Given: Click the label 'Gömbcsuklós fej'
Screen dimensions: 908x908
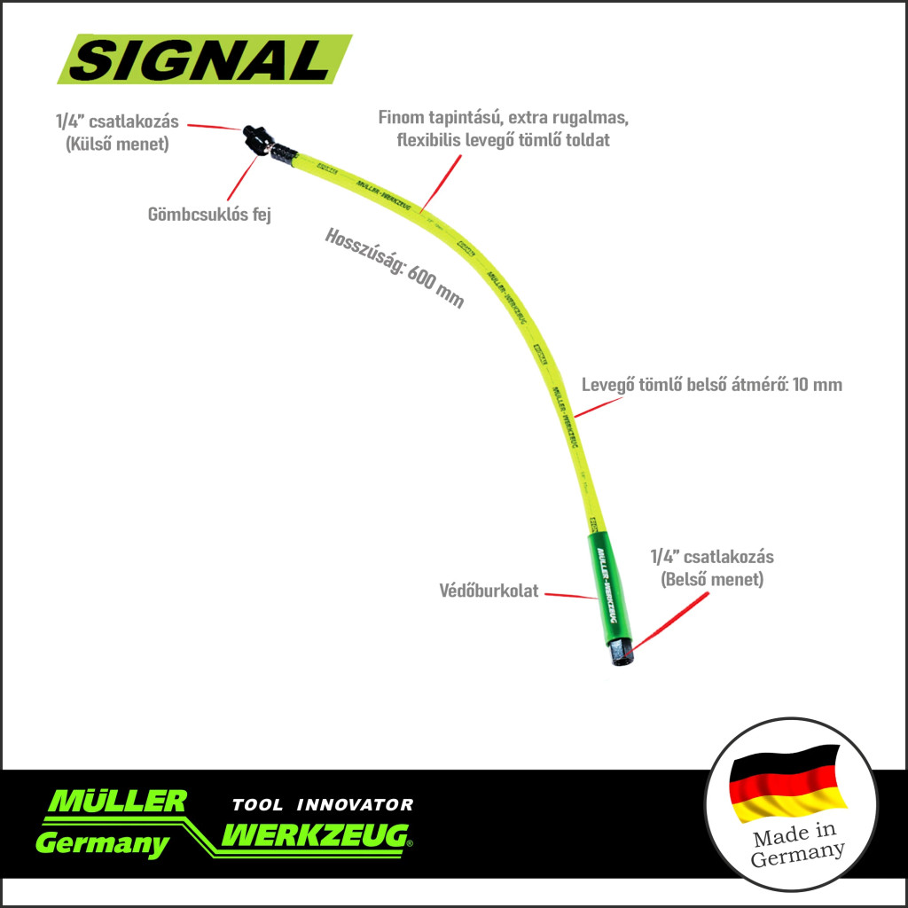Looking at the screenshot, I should tap(209, 214).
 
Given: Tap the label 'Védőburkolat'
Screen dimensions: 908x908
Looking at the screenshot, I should tap(489, 591).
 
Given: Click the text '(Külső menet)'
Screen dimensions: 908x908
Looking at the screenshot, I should tap(117, 145).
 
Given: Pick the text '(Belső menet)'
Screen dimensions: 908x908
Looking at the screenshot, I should tap(712, 579).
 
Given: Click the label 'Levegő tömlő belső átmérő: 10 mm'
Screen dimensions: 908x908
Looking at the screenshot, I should tap(712, 385).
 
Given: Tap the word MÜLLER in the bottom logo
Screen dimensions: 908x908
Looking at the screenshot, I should tap(117, 801).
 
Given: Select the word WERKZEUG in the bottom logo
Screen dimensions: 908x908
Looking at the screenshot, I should tap(316, 834).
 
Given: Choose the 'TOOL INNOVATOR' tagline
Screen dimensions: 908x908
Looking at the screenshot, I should tap(322, 805).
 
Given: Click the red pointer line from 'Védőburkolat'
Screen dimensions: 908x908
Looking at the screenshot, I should tap(570, 594).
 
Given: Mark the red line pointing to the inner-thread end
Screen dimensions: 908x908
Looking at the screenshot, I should tap(673, 622).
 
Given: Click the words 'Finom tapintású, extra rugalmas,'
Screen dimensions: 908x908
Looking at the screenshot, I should tap(504, 118).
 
